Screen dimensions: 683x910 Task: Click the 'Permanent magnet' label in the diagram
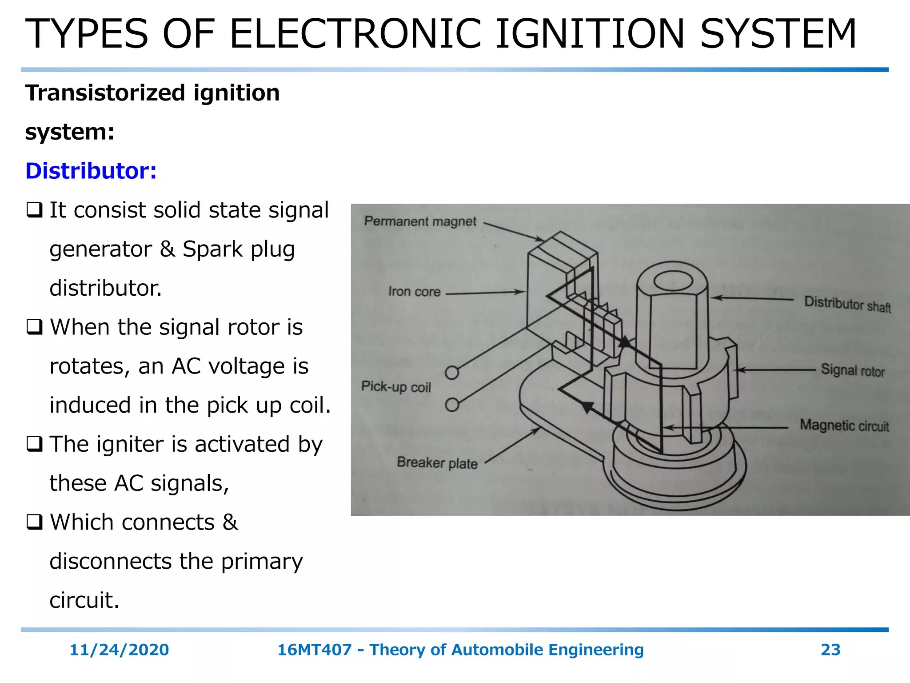(420, 221)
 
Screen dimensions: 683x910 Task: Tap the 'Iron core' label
(414, 292)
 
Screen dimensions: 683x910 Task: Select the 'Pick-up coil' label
(396, 386)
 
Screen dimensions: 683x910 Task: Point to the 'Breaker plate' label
(437, 463)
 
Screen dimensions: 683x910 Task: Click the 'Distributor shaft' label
(847, 304)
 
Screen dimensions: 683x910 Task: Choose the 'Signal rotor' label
(852, 370)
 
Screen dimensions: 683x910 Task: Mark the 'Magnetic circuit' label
(844, 426)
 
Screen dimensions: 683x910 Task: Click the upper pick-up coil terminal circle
(452, 373)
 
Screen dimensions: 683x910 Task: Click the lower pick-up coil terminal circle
(452, 405)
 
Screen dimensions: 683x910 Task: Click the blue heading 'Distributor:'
(91, 171)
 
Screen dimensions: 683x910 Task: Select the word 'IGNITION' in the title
(590, 34)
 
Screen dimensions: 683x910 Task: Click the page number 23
(830, 650)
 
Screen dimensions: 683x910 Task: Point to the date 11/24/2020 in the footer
(119, 650)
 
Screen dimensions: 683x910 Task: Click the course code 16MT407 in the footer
(314, 650)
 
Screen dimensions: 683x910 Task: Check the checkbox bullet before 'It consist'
(34, 210)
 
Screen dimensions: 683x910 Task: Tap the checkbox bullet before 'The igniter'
(34, 444)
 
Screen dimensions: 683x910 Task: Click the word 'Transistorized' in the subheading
(105, 93)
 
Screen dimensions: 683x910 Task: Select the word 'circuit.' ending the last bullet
(84, 600)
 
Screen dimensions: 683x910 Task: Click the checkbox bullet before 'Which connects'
(34, 522)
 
